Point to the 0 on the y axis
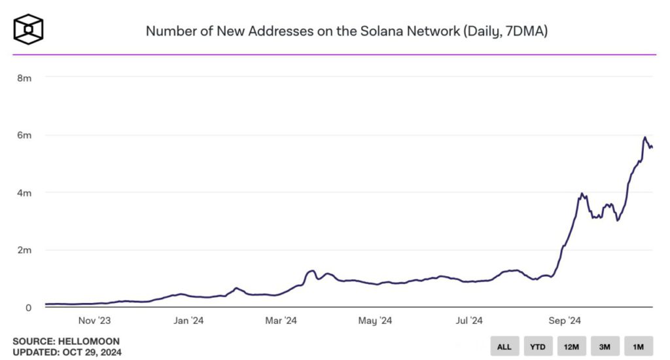[29, 308]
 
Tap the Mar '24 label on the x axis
[281, 321]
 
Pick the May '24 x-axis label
[376, 321]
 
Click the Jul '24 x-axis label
[468, 321]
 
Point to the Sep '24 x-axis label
[564, 321]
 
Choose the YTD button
[537, 346]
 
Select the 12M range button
[571, 346]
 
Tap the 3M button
[605, 346]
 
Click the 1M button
[638, 346]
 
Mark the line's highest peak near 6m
[644, 137]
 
